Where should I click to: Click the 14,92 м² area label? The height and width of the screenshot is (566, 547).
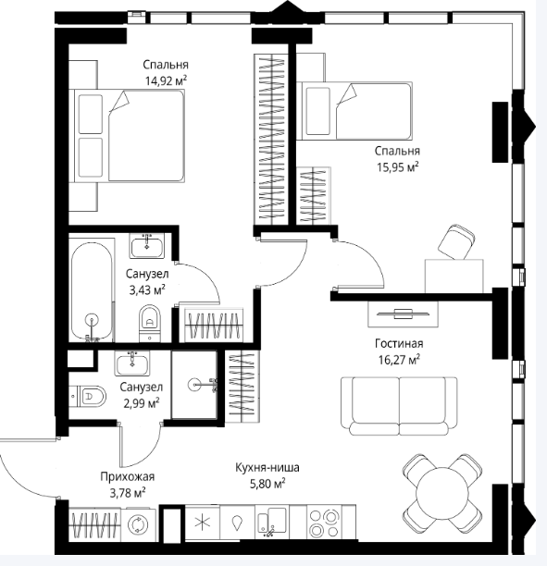point(166,80)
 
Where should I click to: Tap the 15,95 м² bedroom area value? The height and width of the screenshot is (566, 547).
point(398,167)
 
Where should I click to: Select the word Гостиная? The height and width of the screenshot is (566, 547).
point(399,343)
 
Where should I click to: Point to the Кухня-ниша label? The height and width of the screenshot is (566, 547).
point(267,467)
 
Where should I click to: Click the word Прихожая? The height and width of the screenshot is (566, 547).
point(127,476)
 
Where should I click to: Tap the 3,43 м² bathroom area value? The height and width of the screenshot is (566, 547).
point(147,289)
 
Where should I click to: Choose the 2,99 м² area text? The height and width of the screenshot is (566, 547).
point(142,403)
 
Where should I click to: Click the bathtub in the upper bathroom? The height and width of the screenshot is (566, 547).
point(92,291)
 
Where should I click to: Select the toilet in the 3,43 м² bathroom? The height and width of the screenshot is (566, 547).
point(150,323)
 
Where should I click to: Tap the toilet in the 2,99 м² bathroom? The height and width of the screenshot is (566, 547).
point(88,397)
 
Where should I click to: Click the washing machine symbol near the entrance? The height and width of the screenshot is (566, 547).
point(139,523)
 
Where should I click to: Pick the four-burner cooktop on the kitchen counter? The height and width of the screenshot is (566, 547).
point(323,523)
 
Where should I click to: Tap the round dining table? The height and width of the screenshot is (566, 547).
point(441,494)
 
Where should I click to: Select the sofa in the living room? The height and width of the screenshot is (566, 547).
point(399,406)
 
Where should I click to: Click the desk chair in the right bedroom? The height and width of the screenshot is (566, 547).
point(456,241)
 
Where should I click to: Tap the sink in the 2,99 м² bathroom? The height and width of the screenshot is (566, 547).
point(132,363)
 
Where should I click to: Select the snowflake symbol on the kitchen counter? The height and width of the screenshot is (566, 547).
point(202,523)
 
